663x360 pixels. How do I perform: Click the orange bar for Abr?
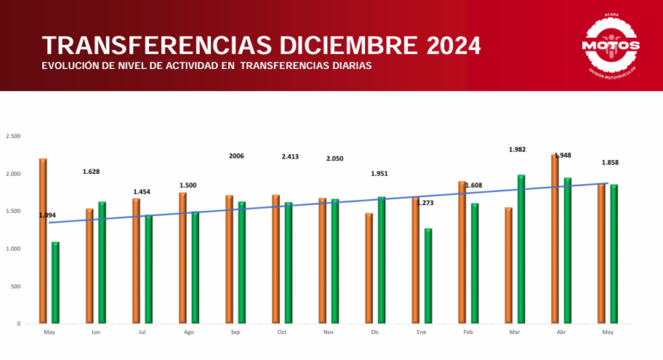pos(555,239)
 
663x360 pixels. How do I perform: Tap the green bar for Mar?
pos(521,249)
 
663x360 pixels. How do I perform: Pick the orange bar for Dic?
pos(369,268)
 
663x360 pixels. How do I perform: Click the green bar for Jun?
pos(102,263)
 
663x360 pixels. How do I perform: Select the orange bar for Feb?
pos(462,252)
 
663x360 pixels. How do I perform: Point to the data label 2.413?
pos(290,157)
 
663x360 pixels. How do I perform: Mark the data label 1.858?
pos(610,163)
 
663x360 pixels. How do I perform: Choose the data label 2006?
pos(237,156)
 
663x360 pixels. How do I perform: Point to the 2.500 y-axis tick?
pos(13,136)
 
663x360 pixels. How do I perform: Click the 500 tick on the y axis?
pos(16,286)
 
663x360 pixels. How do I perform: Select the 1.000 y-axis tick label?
pos(13,249)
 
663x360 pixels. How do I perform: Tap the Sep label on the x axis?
pos(236,331)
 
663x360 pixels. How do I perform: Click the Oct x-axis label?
pos(282,331)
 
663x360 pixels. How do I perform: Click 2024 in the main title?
pos(443,46)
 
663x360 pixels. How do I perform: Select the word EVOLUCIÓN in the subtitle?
pos(71,66)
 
